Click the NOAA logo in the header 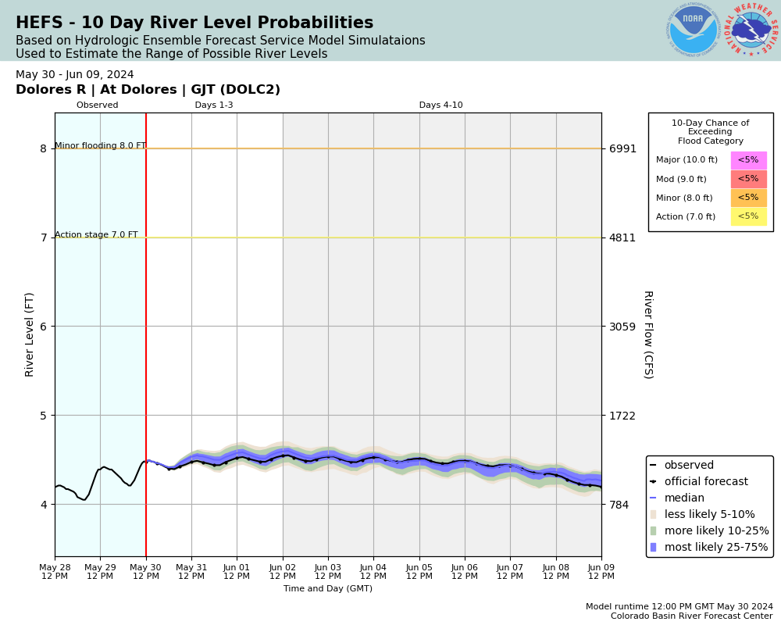click(x=693, y=30)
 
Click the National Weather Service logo click(x=751, y=30)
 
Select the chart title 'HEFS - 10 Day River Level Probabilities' click(x=194, y=23)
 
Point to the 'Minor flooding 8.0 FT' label click(x=100, y=146)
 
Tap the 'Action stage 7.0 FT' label click(x=96, y=235)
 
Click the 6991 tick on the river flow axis click(x=622, y=148)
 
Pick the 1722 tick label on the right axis click(x=622, y=415)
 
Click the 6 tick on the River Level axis click(x=43, y=327)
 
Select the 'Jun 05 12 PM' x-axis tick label click(x=419, y=571)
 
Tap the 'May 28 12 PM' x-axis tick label click(x=55, y=571)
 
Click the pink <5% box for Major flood click(x=748, y=160)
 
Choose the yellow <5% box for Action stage click(x=748, y=216)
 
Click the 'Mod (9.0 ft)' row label click(x=681, y=179)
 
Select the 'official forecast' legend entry click(x=705, y=482)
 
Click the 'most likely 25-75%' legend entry click(x=716, y=547)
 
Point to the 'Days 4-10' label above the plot click(x=440, y=105)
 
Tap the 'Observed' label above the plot click(x=98, y=105)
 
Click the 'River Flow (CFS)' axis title click(x=647, y=334)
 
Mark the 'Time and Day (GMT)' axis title click(x=328, y=589)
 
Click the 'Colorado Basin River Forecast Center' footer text click(x=692, y=616)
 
